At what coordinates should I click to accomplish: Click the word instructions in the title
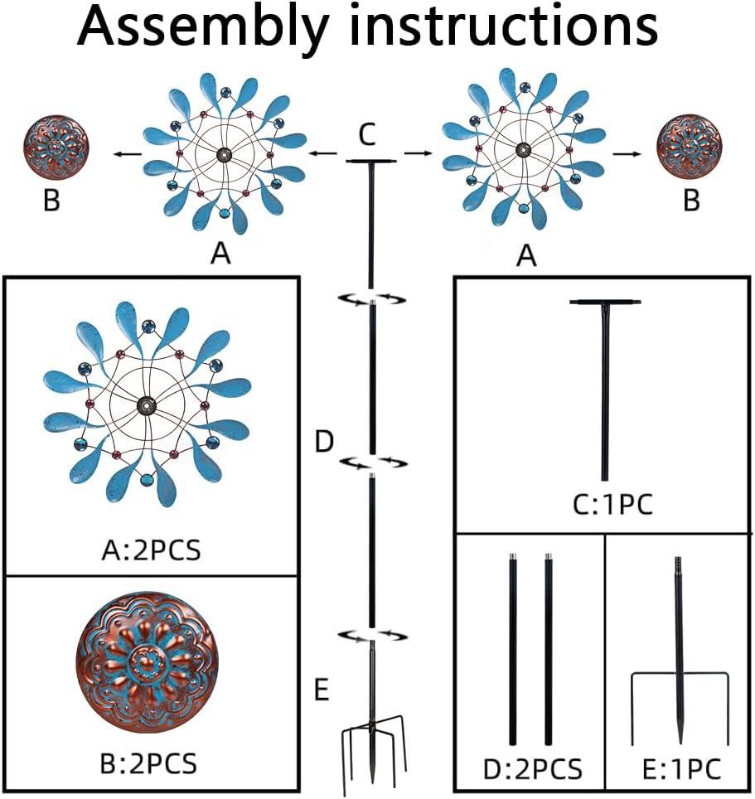click(504, 28)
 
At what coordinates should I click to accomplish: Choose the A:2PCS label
click(152, 550)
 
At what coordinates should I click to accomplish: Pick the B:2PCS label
click(150, 762)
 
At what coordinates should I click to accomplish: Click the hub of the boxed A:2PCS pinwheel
click(148, 406)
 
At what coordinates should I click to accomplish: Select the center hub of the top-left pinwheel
click(223, 154)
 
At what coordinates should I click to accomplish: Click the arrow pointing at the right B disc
click(625, 153)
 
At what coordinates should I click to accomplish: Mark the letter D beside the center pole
click(324, 443)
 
